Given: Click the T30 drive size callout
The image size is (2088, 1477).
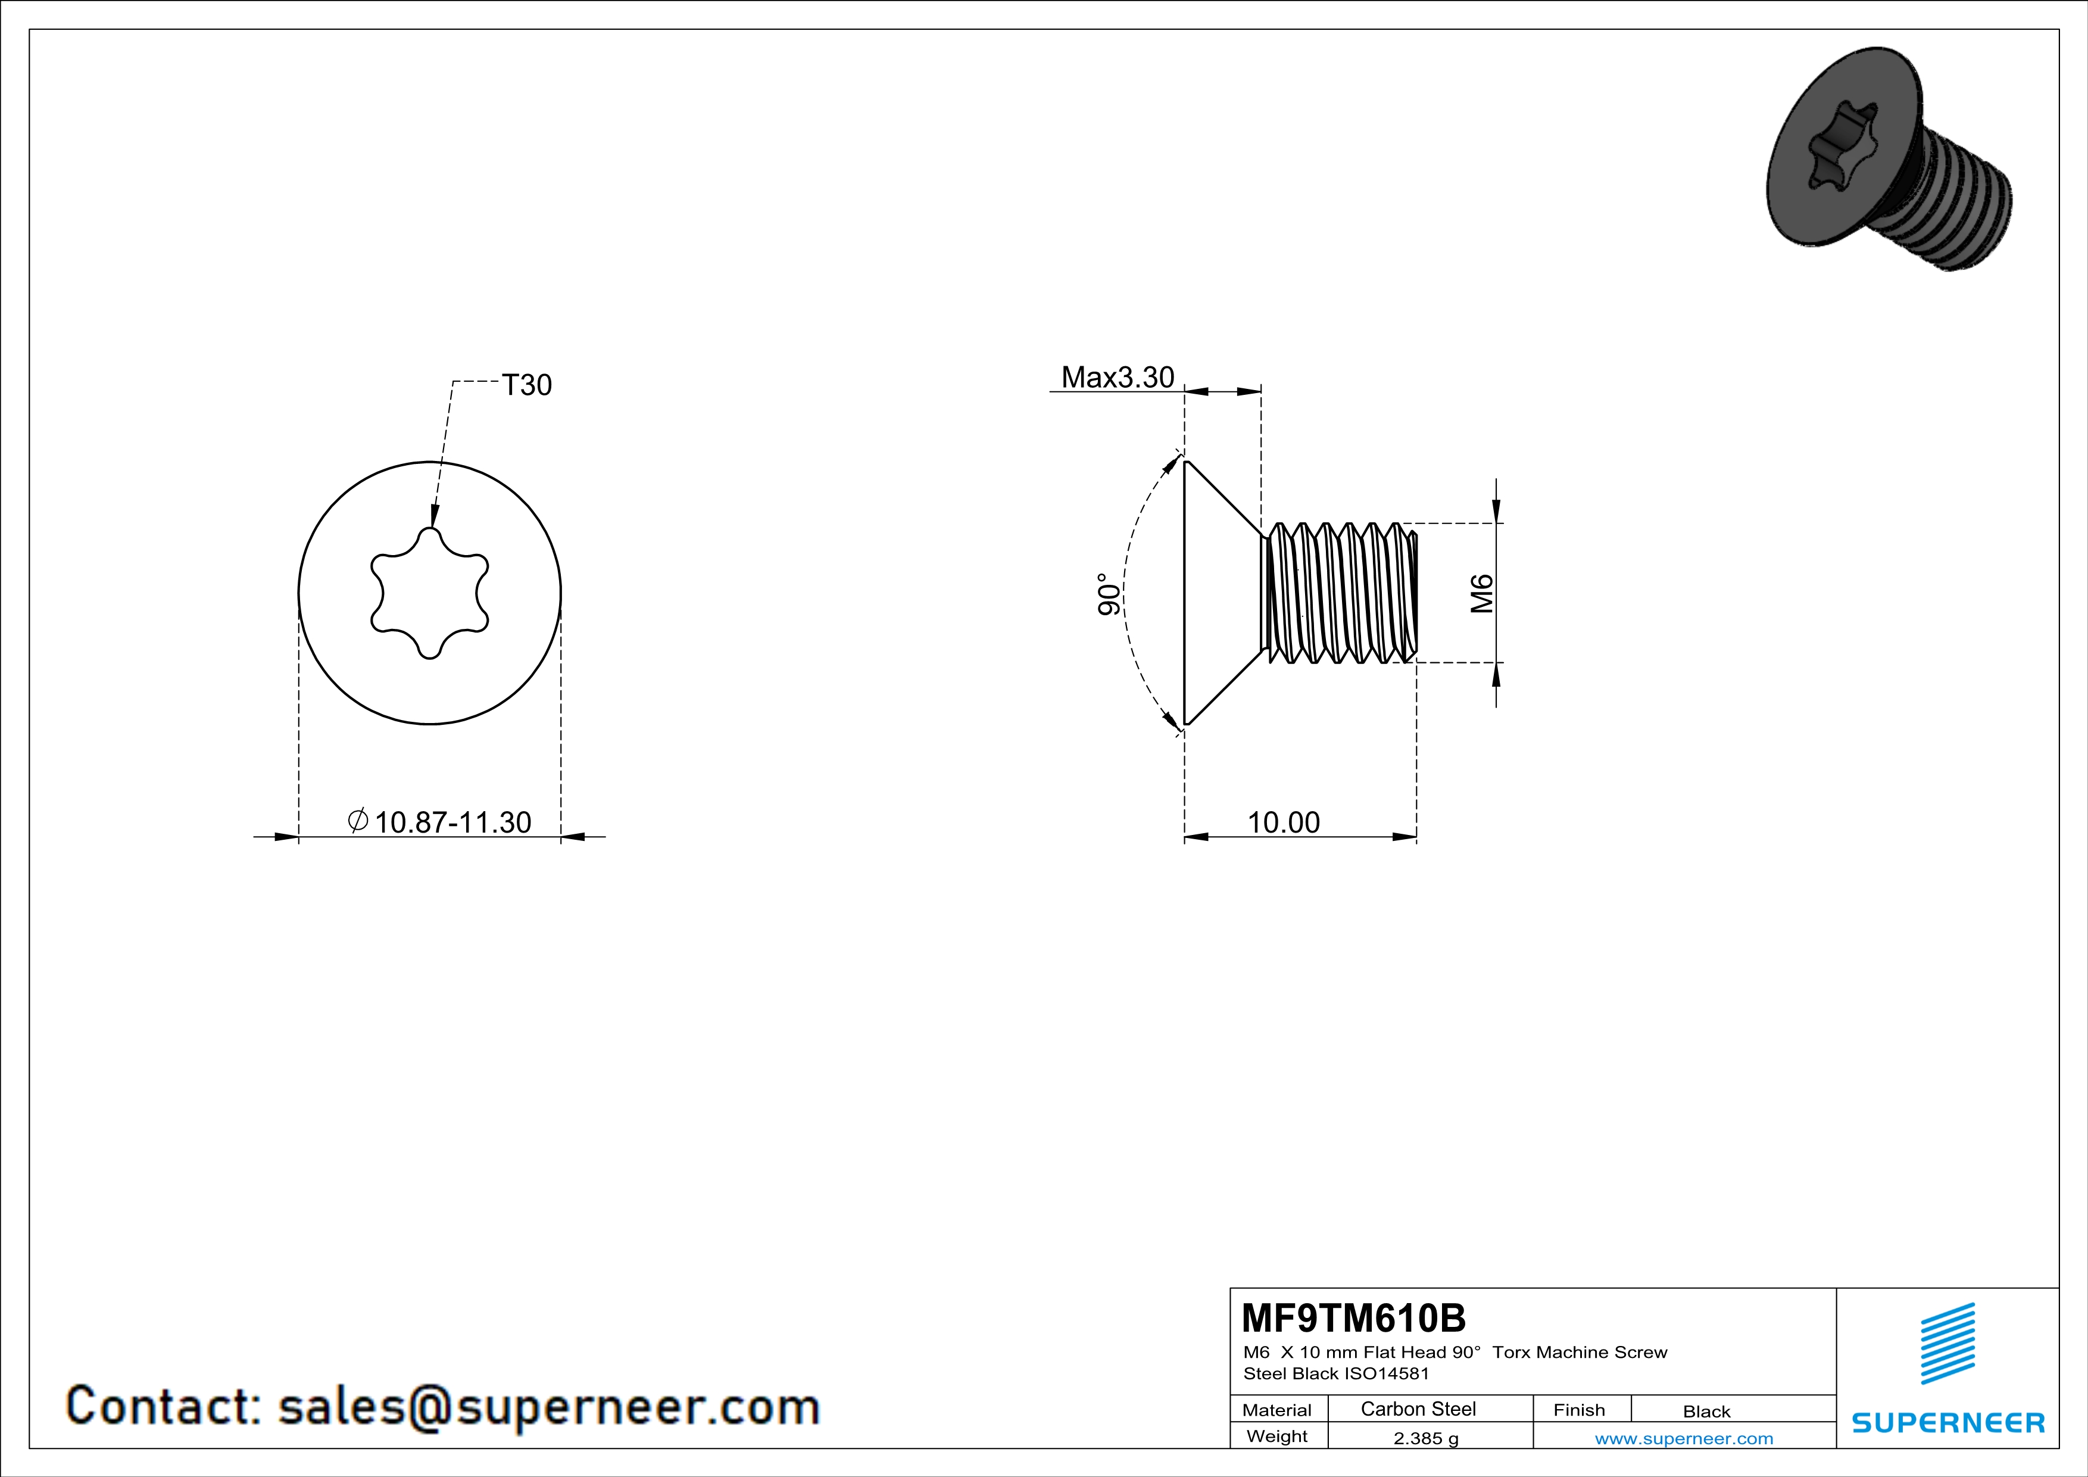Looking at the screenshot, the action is [526, 385].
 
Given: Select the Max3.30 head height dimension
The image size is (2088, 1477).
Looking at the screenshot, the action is [1117, 376].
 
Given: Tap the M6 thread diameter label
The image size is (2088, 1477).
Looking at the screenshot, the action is [1482, 593].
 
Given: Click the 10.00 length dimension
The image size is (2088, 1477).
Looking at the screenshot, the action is [1283, 822].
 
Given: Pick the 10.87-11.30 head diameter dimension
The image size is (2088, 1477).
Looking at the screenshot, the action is [440, 821].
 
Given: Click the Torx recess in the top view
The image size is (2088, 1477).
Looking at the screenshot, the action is [430, 593].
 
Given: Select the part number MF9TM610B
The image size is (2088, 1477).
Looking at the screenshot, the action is [1353, 1317].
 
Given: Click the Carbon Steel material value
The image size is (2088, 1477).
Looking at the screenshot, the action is [1418, 1409].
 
